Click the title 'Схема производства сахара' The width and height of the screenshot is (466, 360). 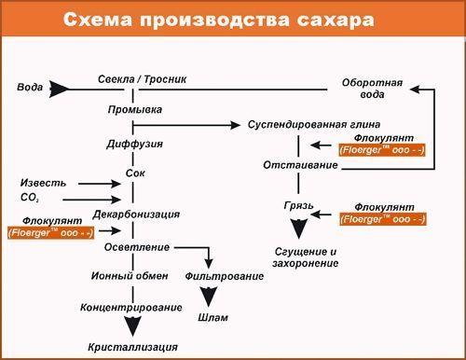click(x=233, y=20)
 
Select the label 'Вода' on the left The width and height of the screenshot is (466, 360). click(x=30, y=88)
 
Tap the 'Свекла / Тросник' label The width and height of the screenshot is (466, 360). click(x=143, y=78)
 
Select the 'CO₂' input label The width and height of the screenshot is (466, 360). click(x=29, y=198)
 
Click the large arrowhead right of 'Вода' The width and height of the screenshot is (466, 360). click(x=61, y=89)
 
